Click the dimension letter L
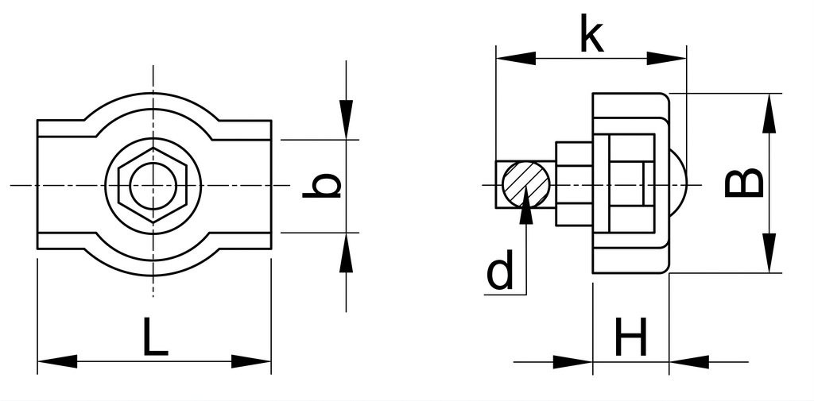tap(155, 337)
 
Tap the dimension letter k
tap(591, 34)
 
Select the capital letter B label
tap(744, 183)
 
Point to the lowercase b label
tap(322, 186)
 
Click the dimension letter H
tap(631, 337)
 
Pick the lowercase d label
tap(500, 270)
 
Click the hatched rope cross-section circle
tap(526, 185)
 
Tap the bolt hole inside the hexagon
tap(153, 185)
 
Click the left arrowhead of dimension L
tap(57, 361)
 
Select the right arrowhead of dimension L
tap(251, 361)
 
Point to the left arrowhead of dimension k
tap(516, 58)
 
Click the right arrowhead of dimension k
tap(667, 58)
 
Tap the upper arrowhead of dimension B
tap(769, 113)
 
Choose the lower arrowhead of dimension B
tap(769, 253)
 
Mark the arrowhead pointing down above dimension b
tap(347, 119)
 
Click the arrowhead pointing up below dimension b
tap(347, 253)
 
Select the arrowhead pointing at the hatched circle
tap(526, 205)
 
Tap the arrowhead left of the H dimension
tap(572, 361)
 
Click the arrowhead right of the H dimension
tap(689, 361)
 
